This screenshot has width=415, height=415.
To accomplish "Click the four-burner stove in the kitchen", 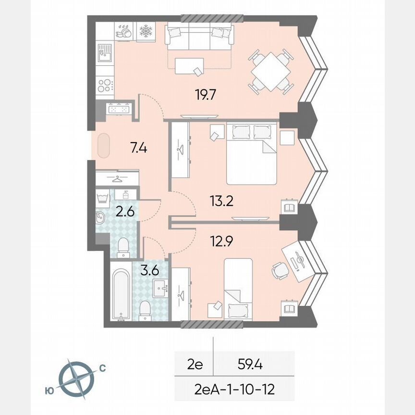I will (x=105, y=85).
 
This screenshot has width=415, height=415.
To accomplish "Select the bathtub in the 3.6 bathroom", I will (x=120, y=294).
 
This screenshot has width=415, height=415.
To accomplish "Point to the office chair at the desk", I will (x=280, y=270).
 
